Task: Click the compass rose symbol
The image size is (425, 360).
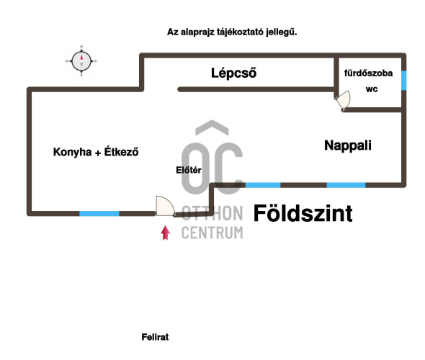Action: [81, 61]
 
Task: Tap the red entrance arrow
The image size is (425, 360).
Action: [166, 233]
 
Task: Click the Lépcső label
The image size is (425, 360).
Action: [233, 73]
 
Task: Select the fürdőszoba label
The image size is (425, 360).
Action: [368, 73]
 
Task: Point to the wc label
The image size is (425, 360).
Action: [372, 89]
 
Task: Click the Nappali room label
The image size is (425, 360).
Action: [348, 145]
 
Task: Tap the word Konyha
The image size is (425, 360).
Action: [72, 152]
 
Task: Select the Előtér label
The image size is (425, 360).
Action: [189, 170]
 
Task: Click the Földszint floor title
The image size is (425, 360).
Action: [303, 213]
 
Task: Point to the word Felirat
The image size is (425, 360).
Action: [155, 337]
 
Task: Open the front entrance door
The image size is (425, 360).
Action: [166, 206]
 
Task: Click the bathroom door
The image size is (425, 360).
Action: [343, 101]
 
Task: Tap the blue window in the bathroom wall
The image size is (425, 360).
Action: [403, 80]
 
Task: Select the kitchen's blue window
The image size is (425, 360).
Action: [99, 213]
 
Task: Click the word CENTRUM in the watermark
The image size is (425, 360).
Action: [212, 233]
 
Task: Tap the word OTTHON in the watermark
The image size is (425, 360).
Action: [212, 213]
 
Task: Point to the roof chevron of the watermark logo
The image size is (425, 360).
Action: [212, 127]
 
